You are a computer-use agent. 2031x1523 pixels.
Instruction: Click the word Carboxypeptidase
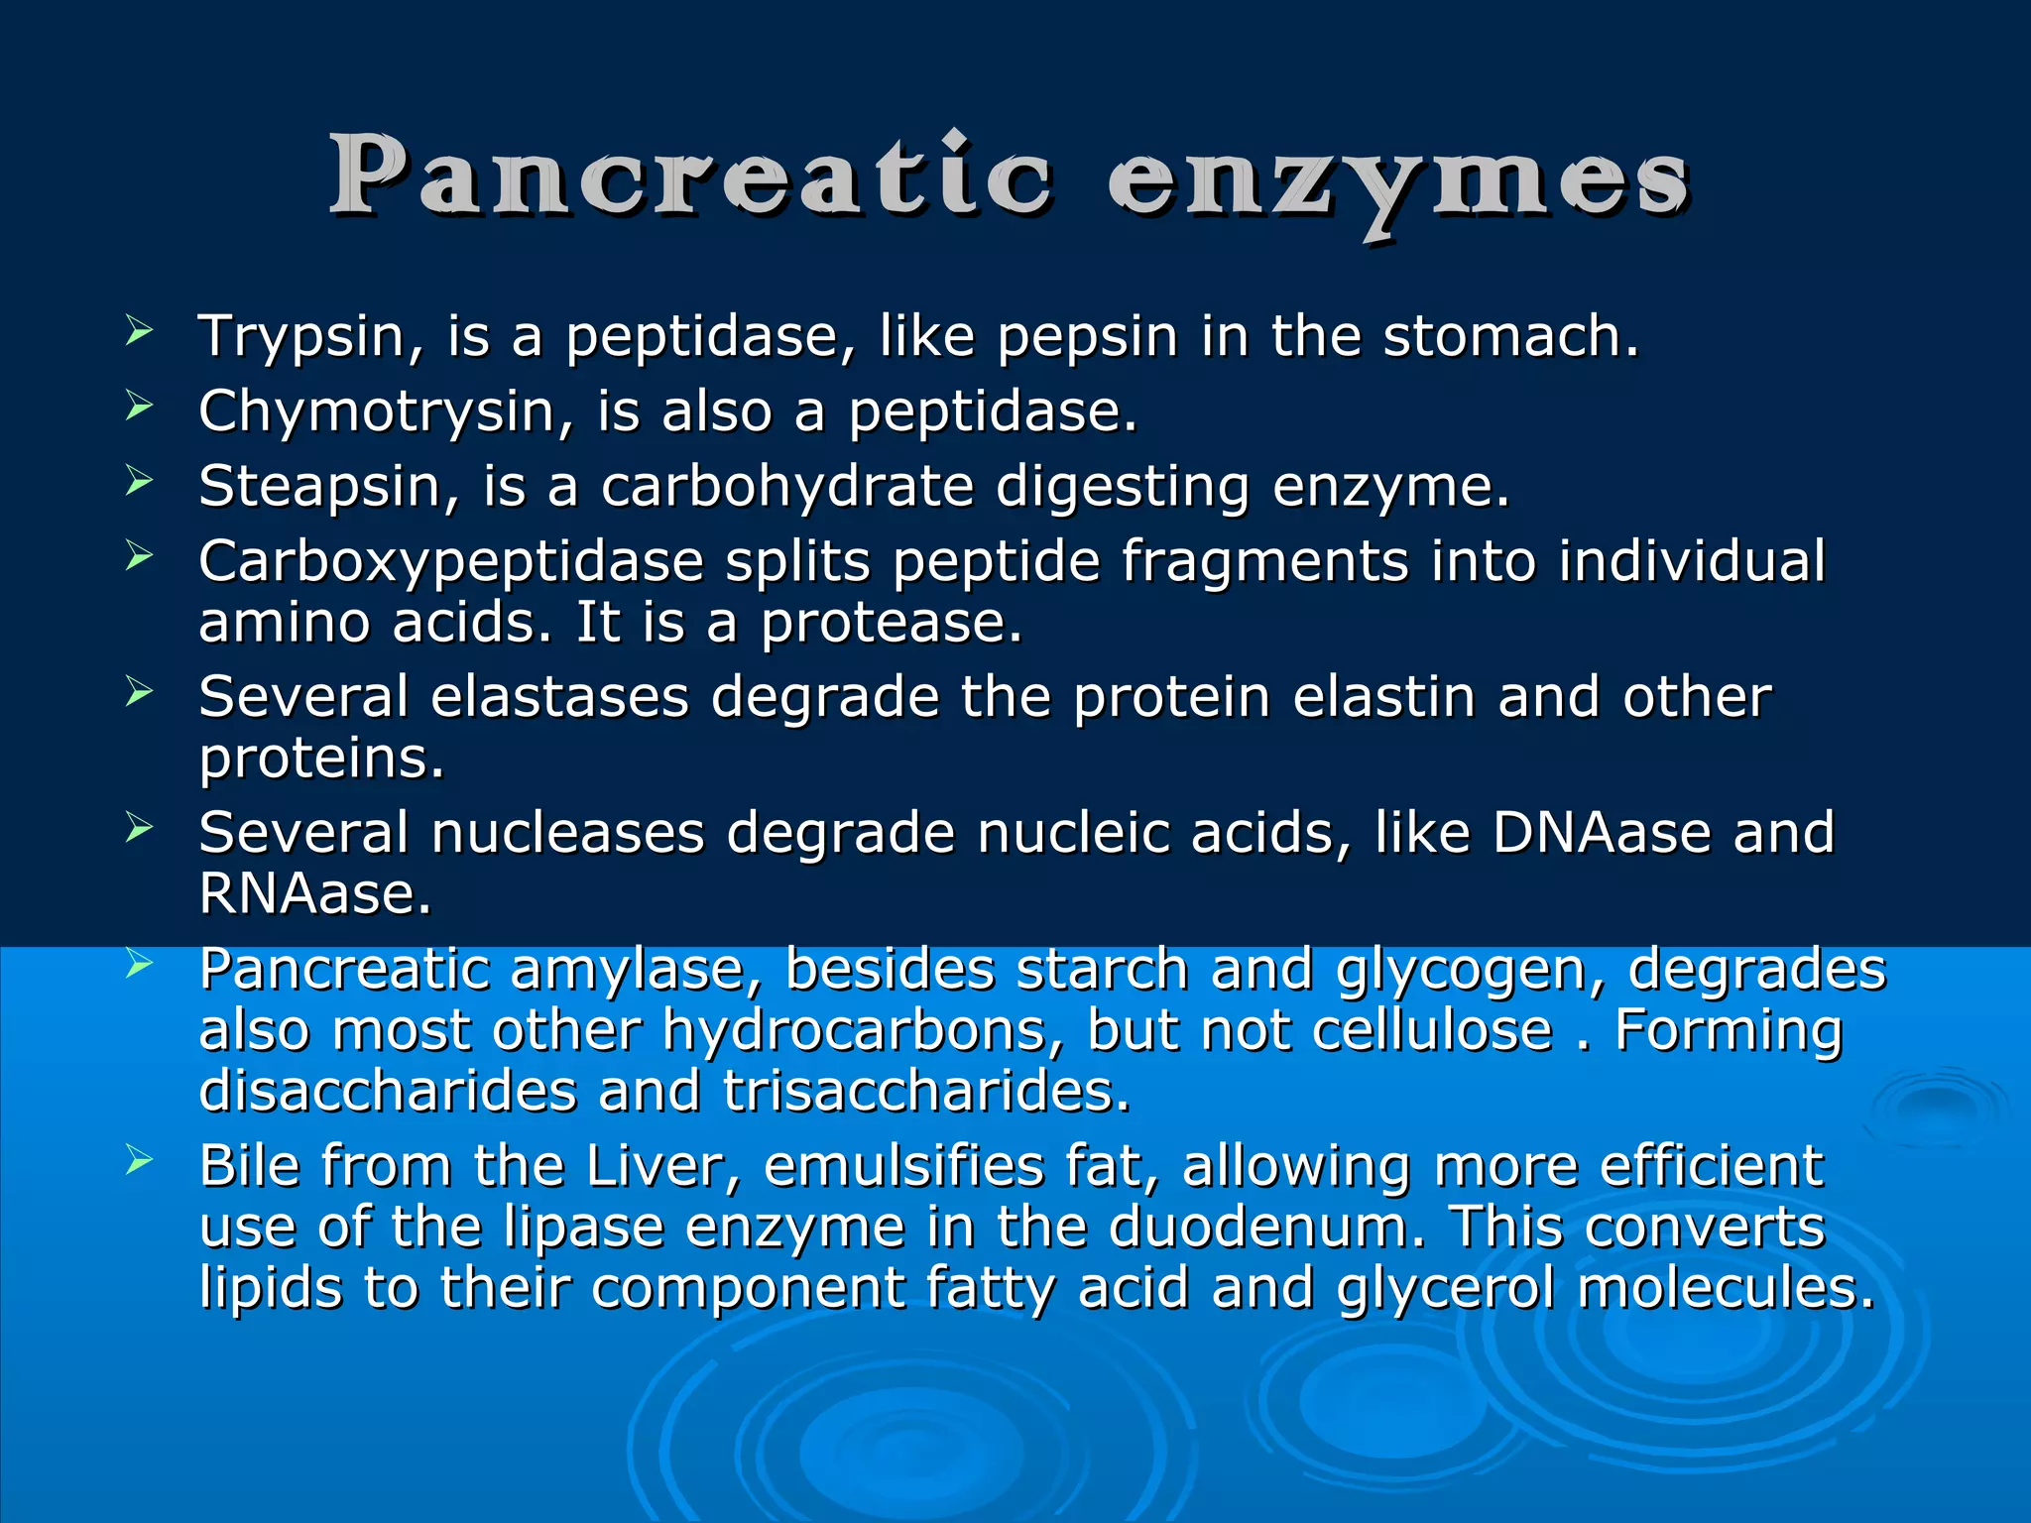point(450,562)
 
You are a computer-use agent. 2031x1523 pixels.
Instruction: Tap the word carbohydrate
point(787,487)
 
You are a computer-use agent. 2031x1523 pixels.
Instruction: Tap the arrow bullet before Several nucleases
point(139,827)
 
